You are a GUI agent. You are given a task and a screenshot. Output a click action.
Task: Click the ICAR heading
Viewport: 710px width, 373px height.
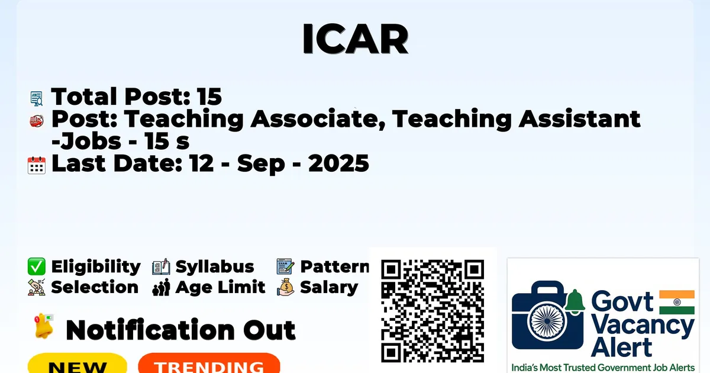[355, 38]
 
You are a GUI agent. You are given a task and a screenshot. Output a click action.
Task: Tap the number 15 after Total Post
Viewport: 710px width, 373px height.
[209, 97]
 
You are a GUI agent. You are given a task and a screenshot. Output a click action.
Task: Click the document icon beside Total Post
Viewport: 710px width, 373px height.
[37, 98]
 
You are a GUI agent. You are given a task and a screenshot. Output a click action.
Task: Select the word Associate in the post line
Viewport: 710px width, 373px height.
[318, 118]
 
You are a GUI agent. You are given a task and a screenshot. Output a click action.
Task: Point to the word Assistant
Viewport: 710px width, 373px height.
[579, 118]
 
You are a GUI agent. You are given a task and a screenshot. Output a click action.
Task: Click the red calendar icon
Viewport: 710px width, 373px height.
[37, 165]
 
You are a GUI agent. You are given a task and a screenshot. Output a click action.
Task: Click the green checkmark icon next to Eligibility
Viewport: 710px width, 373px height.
[37, 266]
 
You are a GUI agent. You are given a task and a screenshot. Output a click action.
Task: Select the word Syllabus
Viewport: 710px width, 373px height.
[215, 267]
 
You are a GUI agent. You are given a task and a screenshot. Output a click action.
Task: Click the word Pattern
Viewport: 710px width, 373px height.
[335, 266]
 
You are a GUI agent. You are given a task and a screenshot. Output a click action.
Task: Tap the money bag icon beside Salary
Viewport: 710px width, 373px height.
[286, 287]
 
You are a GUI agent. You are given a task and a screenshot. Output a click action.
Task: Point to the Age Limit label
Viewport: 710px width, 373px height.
[220, 287]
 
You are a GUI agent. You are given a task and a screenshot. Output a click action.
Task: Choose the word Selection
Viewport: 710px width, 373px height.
[95, 287]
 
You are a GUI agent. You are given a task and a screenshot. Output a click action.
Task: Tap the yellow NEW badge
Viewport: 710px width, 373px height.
[78, 364]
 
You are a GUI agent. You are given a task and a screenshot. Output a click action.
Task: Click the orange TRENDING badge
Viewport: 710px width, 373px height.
[209, 364]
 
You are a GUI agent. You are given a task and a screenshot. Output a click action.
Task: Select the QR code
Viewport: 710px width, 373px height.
[433, 311]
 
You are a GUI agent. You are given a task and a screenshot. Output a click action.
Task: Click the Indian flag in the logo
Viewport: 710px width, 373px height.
[677, 302]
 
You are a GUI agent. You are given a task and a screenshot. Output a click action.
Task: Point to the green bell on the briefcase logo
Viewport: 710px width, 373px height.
[575, 301]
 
